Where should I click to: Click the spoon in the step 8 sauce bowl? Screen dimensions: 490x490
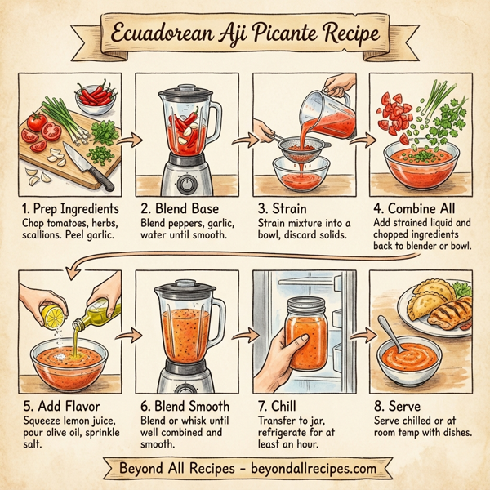point(390,336)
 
